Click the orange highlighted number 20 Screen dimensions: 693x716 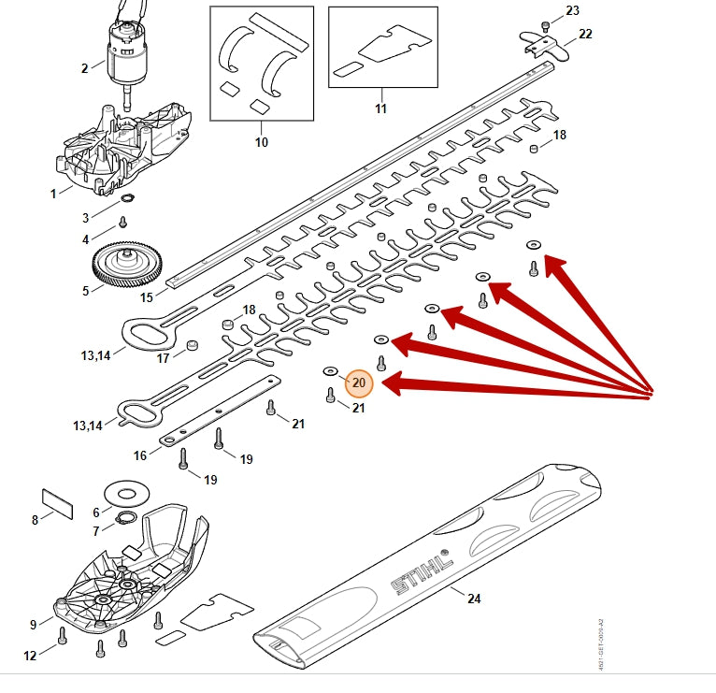(x=359, y=383)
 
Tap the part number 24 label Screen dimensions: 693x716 (x=473, y=599)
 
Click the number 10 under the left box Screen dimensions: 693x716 (x=262, y=142)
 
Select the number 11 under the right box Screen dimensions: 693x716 (x=380, y=108)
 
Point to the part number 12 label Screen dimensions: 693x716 (x=30, y=656)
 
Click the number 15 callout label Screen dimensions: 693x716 (x=147, y=297)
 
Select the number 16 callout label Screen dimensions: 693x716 (x=140, y=455)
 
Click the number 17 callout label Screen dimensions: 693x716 (x=164, y=357)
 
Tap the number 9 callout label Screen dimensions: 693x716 (x=34, y=625)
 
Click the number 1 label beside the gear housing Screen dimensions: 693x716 (x=54, y=192)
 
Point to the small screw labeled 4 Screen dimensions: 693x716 (x=122, y=223)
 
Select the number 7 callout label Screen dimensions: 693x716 (x=96, y=530)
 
